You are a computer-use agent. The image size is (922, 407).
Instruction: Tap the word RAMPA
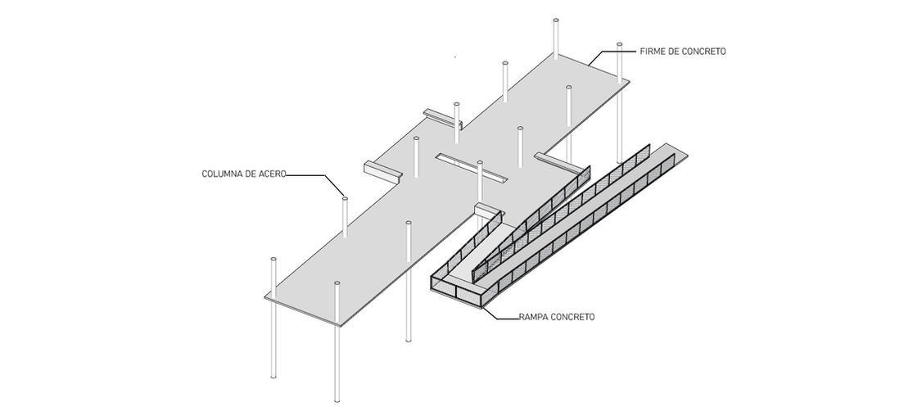534,316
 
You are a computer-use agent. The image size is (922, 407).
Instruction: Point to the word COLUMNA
223,174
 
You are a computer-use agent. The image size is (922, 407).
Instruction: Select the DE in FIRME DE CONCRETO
675,51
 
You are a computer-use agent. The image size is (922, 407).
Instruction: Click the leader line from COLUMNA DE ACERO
315,175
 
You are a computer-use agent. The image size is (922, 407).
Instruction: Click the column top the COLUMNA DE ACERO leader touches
345,198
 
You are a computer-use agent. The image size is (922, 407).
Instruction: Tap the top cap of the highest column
556,19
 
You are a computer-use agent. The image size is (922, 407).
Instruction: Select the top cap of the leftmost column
273,260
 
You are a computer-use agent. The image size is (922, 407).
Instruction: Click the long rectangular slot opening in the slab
472,166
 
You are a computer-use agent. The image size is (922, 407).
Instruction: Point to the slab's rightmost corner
627,79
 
